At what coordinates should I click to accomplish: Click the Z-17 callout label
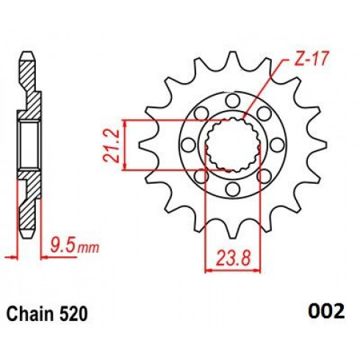311,59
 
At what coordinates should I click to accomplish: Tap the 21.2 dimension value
112,145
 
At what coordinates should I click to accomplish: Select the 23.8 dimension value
233,258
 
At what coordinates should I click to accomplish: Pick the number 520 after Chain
73,314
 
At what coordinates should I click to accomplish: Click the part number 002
326,311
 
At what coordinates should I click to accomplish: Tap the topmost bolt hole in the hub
233,101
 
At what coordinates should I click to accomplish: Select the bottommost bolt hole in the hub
233,189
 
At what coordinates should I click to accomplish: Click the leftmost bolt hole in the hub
189,145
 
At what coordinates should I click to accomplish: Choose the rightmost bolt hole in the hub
277,145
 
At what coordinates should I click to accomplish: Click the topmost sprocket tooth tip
233,52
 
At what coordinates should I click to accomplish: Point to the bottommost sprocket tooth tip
233,237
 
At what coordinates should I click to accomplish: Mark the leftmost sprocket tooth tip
140,145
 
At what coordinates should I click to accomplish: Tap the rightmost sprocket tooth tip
326,145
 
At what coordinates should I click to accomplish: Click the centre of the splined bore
233,145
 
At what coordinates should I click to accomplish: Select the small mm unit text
88,248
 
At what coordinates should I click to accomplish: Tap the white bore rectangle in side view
29,145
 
